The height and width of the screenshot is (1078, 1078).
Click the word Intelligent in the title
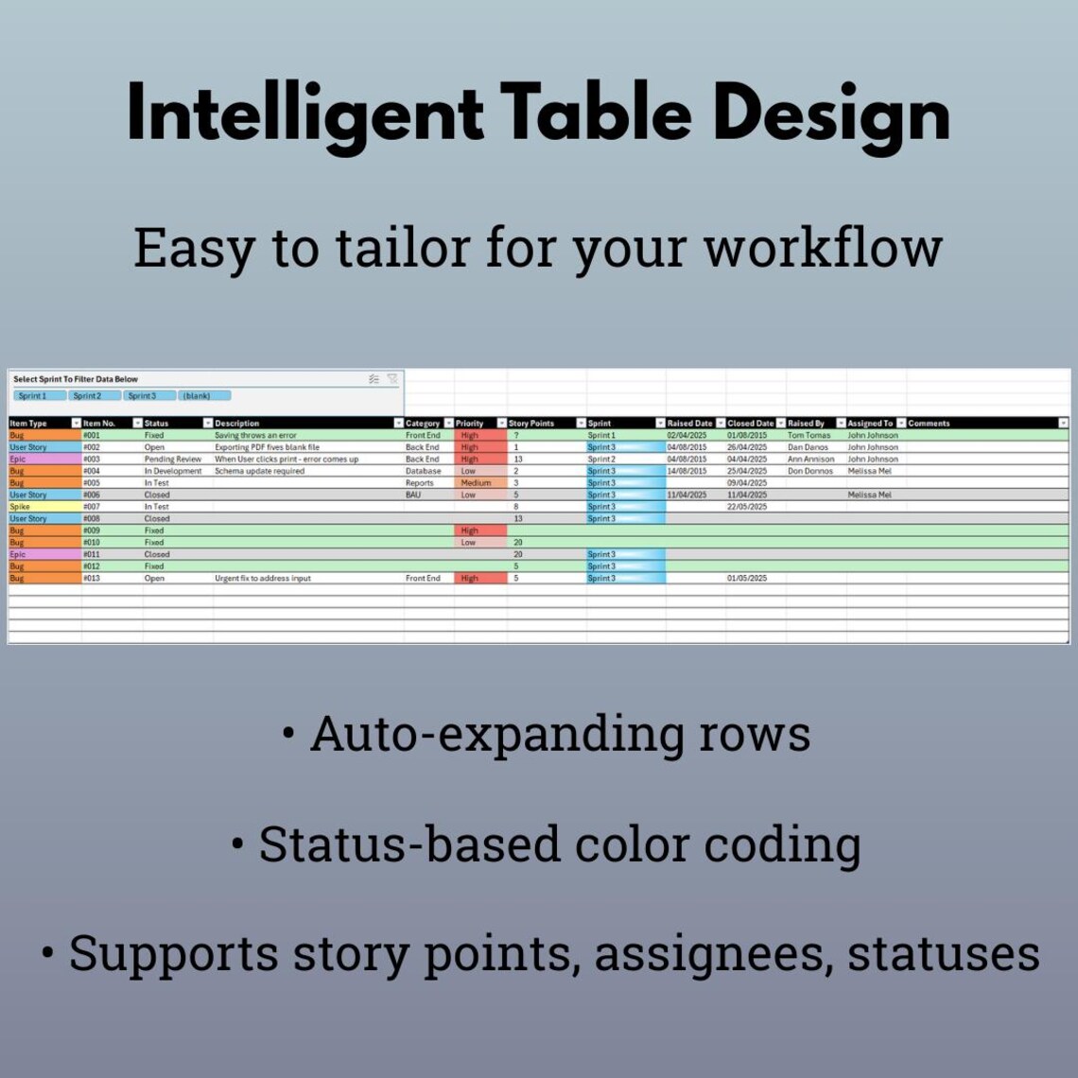point(305,115)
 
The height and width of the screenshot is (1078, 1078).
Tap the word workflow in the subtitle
point(823,248)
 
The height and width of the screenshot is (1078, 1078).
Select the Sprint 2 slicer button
point(87,395)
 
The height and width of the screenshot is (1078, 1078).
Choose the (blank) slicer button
point(197,395)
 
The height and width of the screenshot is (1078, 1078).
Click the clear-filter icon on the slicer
point(392,379)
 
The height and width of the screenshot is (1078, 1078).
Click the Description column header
point(237,423)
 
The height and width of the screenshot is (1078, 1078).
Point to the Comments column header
point(929,423)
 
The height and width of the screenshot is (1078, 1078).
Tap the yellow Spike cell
point(21,507)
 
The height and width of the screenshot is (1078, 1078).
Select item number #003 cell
point(92,459)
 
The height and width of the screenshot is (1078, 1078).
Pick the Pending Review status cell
point(173,459)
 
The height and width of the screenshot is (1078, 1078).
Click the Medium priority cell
point(476,482)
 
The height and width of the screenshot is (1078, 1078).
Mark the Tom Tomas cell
point(808,435)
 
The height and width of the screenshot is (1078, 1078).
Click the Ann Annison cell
point(810,459)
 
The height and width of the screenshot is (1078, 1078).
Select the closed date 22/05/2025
point(747,507)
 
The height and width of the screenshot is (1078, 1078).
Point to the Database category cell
point(423,471)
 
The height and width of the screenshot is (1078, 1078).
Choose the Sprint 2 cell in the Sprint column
point(601,459)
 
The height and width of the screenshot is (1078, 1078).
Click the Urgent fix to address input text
point(262,578)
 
